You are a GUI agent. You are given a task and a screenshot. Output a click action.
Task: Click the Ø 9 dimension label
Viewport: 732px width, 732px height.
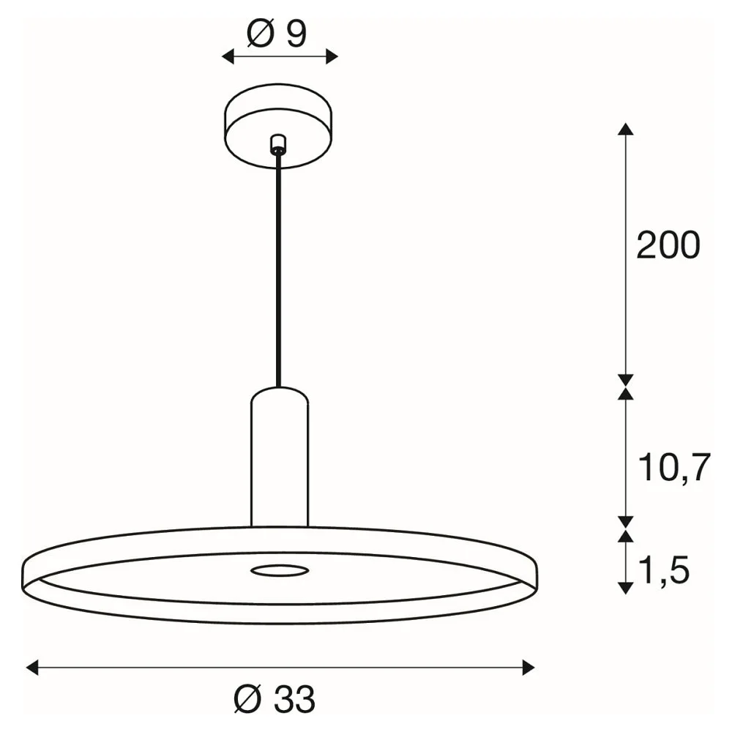pos(277,34)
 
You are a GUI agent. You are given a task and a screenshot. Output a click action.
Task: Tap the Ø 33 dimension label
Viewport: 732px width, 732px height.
pos(274,699)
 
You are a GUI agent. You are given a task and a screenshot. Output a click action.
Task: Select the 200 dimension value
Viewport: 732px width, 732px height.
pos(668,245)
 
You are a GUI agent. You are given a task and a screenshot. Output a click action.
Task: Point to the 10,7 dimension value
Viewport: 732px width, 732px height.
pos(674,467)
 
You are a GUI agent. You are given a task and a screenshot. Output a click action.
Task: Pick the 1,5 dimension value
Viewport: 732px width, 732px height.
pos(663,570)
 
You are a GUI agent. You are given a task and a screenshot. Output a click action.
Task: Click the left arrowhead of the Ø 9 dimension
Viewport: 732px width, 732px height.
pos(228,57)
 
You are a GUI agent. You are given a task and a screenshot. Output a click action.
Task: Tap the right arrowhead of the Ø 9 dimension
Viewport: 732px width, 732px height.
pos(332,57)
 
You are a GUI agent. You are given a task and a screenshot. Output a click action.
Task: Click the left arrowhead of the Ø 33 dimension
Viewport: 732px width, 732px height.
pos(31,668)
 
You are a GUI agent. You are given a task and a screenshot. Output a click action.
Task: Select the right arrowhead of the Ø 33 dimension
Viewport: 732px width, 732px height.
pos(529,668)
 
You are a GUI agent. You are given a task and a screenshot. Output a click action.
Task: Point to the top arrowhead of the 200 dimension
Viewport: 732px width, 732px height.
pos(626,129)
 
